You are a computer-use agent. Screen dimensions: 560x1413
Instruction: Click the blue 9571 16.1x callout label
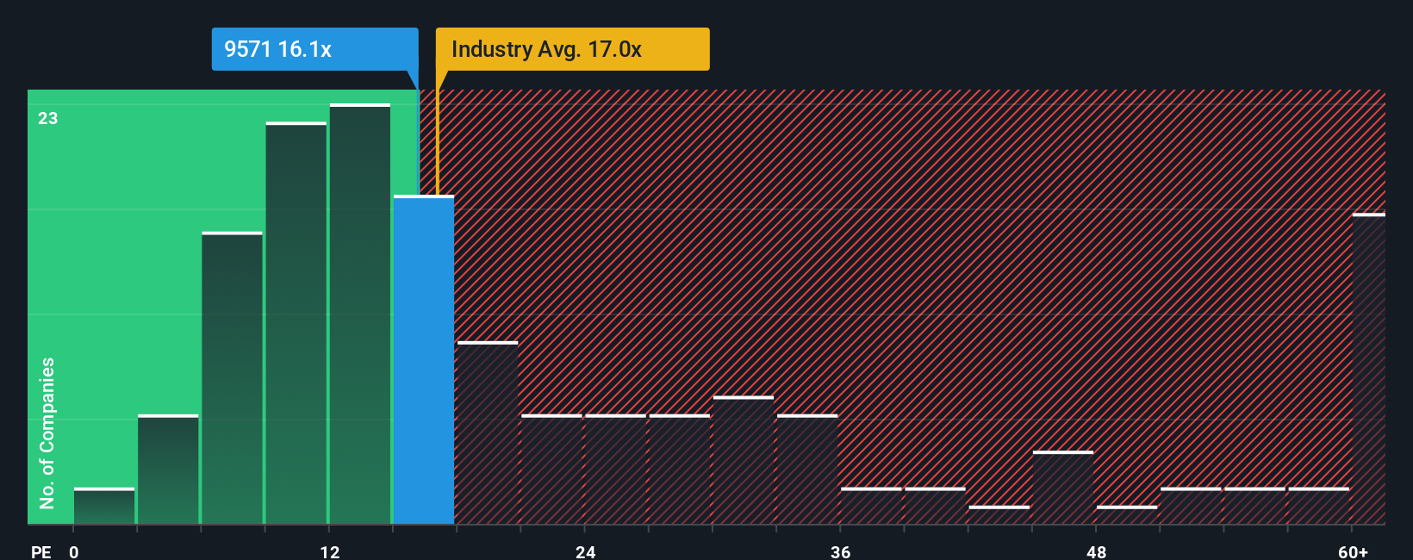point(314,49)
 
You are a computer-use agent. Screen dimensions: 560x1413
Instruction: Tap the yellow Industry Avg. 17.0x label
point(572,49)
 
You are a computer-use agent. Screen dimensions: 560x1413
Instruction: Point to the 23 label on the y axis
point(48,118)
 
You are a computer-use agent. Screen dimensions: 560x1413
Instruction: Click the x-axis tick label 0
point(74,551)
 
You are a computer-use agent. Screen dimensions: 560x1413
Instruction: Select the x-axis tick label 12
point(330,551)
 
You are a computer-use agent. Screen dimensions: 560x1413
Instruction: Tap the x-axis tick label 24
point(586,551)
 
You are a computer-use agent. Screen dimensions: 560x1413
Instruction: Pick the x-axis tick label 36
point(841,551)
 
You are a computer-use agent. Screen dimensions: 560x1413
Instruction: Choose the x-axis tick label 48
point(1096,551)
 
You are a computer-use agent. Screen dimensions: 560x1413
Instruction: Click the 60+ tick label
point(1353,551)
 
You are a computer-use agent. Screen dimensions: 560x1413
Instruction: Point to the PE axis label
point(41,551)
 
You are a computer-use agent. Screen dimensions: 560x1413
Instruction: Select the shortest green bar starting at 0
point(104,507)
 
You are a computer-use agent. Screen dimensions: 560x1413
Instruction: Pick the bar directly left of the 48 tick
point(1063,488)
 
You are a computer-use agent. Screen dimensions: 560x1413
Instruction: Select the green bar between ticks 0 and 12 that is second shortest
point(168,470)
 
